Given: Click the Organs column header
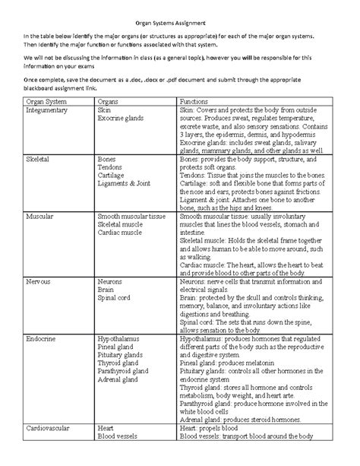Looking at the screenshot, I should (x=109, y=101).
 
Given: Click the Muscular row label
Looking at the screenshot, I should (x=40, y=216).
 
